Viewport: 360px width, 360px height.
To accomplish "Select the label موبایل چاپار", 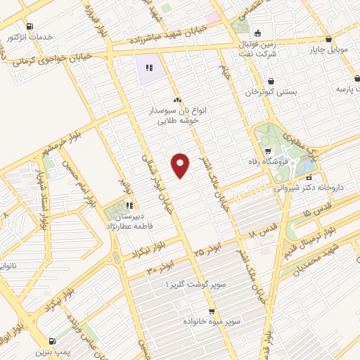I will pyautogui.click(x=330, y=50).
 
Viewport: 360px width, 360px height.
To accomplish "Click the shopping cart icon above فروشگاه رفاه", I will pyautogui.click(x=268, y=151).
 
